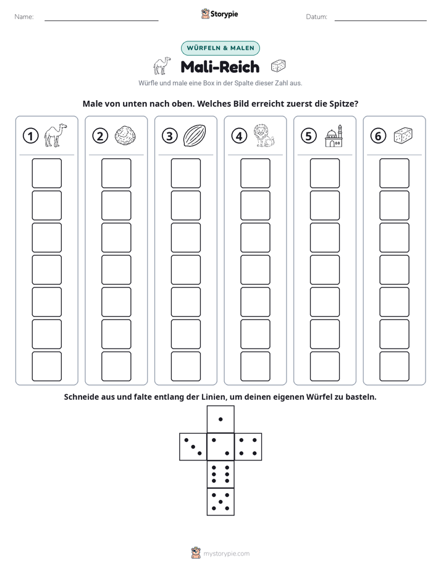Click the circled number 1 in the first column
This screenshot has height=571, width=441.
coord(30,136)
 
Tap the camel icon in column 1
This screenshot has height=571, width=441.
coord(56,135)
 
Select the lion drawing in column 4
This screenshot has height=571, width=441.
coord(264,135)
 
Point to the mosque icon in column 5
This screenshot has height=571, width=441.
coord(334,136)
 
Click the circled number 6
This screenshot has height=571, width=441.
coord(379,136)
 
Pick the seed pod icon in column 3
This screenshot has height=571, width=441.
coord(195,135)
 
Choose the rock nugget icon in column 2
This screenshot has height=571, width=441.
coord(125,136)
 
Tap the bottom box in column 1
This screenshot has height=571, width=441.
coord(46,366)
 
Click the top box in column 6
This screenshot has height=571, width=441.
coord(395,173)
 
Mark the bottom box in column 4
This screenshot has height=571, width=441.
coord(256,366)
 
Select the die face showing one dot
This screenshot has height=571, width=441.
coord(220,419)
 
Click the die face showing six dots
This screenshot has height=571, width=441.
coord(220,474)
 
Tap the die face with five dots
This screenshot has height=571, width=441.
coord(220,502)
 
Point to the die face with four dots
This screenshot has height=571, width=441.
coord(248,447)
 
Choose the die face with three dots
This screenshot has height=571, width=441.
coord(193,447)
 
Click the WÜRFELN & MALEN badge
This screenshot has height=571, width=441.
coord(220,48)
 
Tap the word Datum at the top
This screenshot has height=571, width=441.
coord(316,17)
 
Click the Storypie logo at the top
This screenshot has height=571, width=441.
coord(220,14)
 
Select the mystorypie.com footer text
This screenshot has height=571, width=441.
coord(226,554)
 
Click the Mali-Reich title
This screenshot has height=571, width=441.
coord(220,67)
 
